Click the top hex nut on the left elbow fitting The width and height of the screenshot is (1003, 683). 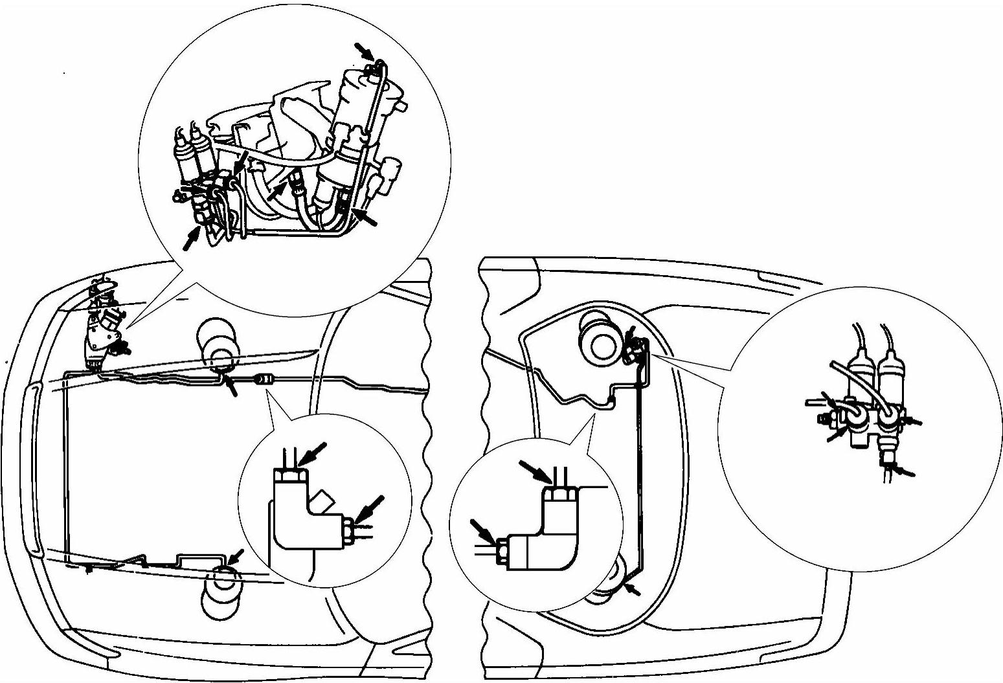click(290, 476)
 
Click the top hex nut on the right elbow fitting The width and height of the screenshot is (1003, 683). click(558, 495)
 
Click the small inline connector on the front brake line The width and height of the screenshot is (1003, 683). click(263, 379)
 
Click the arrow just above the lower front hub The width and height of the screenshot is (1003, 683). click(236, 555)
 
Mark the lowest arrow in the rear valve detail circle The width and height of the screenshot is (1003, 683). click(904, 471)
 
